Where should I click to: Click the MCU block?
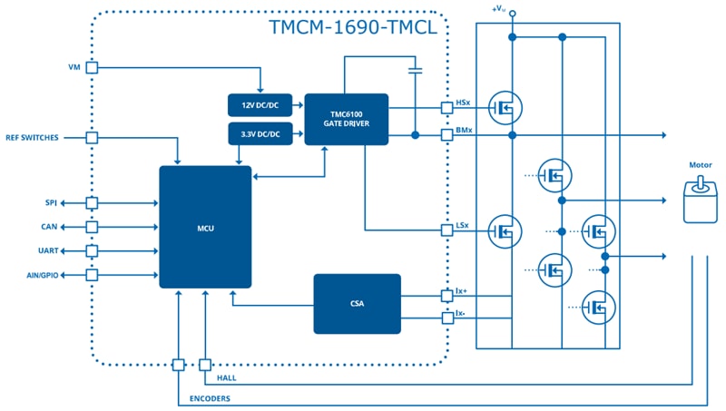tap(205, 227)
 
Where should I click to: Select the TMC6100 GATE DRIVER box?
tap(346, 119)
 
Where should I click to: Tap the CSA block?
tap(357, 303)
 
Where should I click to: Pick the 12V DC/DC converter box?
tap(260, 104)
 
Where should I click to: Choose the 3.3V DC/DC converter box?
tap(260, 134)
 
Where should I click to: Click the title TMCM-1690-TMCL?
tap(353, 26)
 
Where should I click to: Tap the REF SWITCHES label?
tap(32, 138)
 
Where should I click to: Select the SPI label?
tap(51, 202)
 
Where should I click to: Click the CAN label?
tap(50, 227)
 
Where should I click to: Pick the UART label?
tap(47, 250)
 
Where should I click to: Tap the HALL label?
tap(226, 377)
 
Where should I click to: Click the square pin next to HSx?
tap(446, 108)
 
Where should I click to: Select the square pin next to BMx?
tap(446, 135)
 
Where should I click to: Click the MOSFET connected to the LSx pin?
tap(503, 230)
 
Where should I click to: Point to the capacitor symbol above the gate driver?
tap(415, 69)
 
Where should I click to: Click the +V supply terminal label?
tap(498, 8)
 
